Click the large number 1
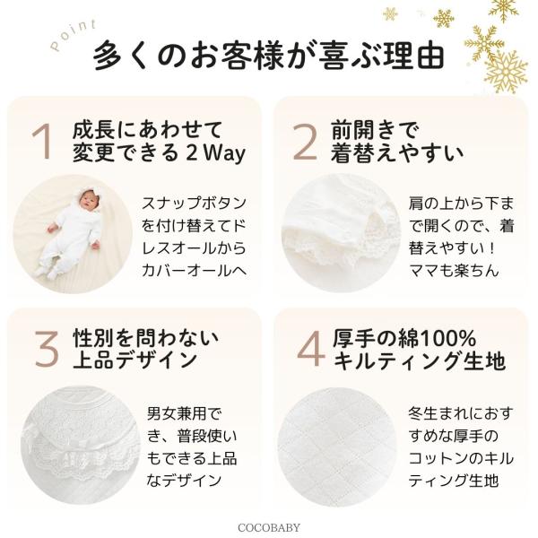[x=42, y=142]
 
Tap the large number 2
[x=305, y=142]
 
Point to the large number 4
[x=310, y=349]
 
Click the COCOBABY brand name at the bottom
[x=269, y=527]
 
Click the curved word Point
[x=73, y=35]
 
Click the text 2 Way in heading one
[x=216, y=153]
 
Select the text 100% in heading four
[x=447, y=339]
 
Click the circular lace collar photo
[x=81, y=445]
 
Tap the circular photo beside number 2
[x=341, y=233]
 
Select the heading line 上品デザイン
[x=134, y=360]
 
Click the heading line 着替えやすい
[x=397, y=153]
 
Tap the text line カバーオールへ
[x=195, y=271]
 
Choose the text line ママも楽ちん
[x=454, y=271]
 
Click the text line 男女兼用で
[x=185, y=413]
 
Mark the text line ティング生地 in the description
[x=454, y=480]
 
